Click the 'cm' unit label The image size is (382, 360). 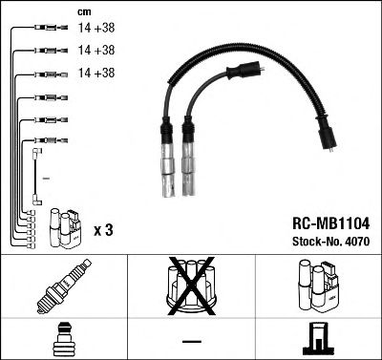tap(82, 11)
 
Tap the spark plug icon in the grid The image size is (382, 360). tap(62, 286)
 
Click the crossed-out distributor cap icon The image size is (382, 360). tap(190, 286)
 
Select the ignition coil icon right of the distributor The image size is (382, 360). tap(318, 286)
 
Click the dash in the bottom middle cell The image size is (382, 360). tap(191, 339)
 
